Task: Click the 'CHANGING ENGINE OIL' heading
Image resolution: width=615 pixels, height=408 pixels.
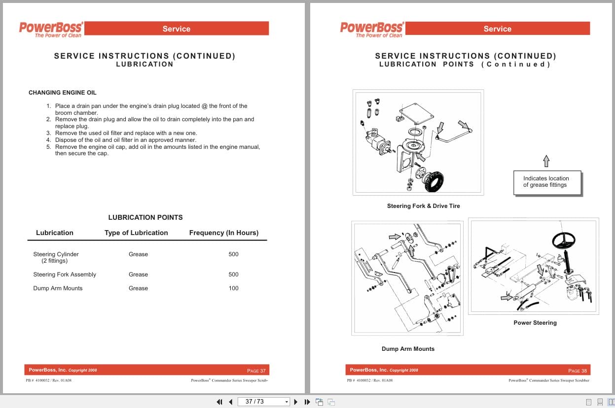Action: pos(63,93)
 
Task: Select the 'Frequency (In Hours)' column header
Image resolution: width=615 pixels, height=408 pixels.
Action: pos(223,233)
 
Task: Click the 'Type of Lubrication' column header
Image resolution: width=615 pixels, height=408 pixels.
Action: pos(136,233)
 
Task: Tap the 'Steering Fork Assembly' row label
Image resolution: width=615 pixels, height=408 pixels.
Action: pos(65,274)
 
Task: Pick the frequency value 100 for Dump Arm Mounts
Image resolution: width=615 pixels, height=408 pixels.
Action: pos(233,288)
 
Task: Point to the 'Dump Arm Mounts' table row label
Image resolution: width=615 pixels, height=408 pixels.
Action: pos(58,288)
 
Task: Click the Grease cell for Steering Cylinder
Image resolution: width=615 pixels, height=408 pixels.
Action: pos(138,254)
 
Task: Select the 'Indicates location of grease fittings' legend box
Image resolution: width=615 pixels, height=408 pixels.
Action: pos(546,182)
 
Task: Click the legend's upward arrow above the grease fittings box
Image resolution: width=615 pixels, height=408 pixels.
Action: pos(545,161)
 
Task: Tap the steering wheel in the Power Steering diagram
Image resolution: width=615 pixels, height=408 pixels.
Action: pos(564,241)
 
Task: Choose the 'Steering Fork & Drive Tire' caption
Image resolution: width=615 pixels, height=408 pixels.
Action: pos(423,206)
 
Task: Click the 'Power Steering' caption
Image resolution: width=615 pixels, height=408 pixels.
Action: pos(535,323)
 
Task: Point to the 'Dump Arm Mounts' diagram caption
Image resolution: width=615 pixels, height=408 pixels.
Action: pos(408,349)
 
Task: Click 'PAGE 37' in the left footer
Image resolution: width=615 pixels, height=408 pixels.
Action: pos(256,371)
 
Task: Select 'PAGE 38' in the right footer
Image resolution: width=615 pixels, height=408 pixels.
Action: pos(577,371)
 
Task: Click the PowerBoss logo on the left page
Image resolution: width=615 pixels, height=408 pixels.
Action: pos(51,29)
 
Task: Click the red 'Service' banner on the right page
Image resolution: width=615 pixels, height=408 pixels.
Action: pos(497,29)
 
